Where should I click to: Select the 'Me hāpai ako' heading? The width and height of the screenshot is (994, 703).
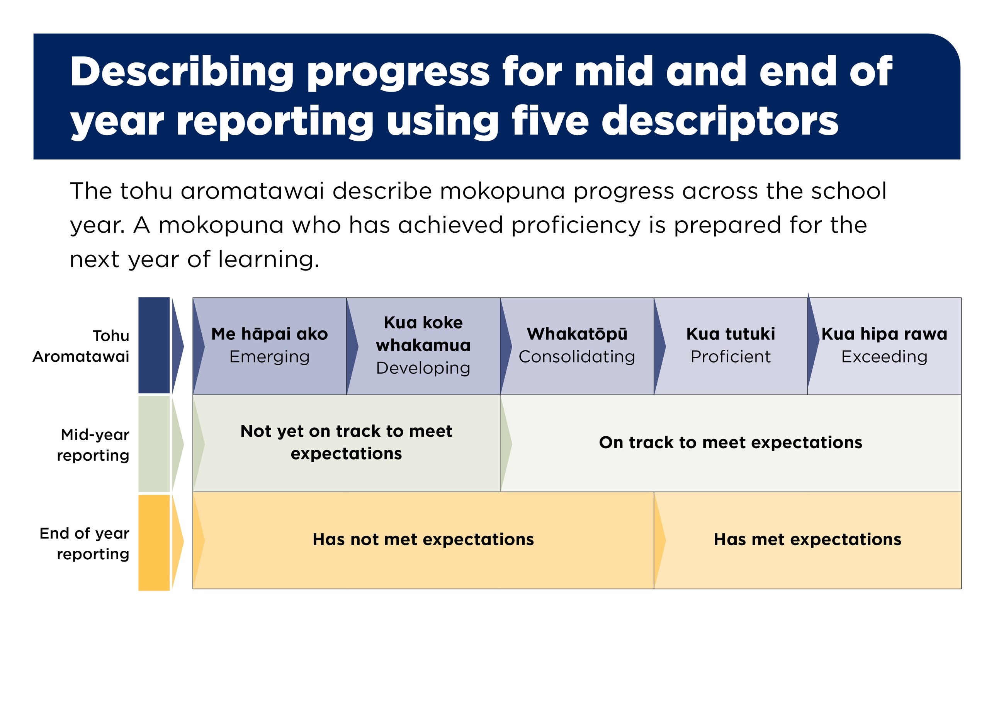click(x=269, y=334)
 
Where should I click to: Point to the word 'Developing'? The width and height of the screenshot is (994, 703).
click(x=423, y=368)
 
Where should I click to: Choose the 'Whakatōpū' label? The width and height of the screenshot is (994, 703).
click(x=577, y=334)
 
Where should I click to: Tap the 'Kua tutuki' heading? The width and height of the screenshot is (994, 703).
click(x=731, y=334)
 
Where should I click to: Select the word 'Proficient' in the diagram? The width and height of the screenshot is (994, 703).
click(x=731, y=356)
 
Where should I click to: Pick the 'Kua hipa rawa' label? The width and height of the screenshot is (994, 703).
click(x=884, y=334)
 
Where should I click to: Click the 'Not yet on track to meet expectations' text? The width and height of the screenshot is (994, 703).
click(x=347, y=442)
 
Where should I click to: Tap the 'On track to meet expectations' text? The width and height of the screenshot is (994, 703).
click(x=731, y=443)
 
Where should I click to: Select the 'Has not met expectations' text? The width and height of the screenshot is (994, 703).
click(x=423, y=540)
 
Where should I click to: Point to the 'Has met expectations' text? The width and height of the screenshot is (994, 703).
click(x=807, y=540)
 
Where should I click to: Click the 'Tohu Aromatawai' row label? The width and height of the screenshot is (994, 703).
click(x=81, y=346)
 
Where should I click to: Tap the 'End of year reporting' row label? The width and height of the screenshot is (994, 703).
click(x=85, y=544)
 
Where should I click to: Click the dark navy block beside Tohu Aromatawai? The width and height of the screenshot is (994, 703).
click(x=154, y=345)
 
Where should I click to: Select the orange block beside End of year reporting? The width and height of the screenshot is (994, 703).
click(x=154, y=543)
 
